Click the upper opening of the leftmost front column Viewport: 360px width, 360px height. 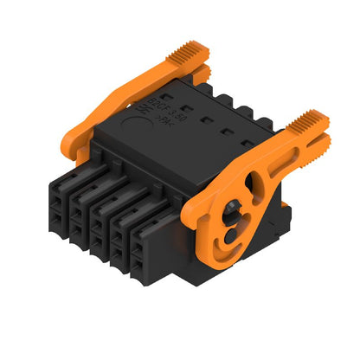click(x=61, y=184)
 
